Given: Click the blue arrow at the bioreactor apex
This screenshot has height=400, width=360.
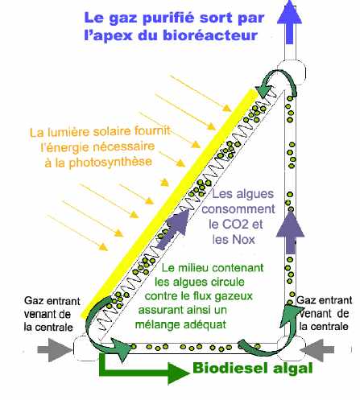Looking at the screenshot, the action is pos(289,22).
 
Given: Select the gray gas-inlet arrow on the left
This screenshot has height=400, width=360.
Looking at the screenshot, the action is pos(55,350).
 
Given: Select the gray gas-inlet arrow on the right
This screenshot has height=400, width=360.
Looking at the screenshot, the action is pos(317,350).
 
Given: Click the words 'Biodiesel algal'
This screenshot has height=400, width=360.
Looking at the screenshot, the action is pos(253,368).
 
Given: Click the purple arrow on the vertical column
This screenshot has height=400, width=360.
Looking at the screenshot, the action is pos(290,232).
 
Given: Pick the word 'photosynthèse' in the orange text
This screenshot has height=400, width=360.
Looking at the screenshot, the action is pos(110,163).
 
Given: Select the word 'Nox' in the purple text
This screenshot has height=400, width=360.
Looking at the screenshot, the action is pos(243,239).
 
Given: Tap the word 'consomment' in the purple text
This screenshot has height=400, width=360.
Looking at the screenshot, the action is pos(238,209).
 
